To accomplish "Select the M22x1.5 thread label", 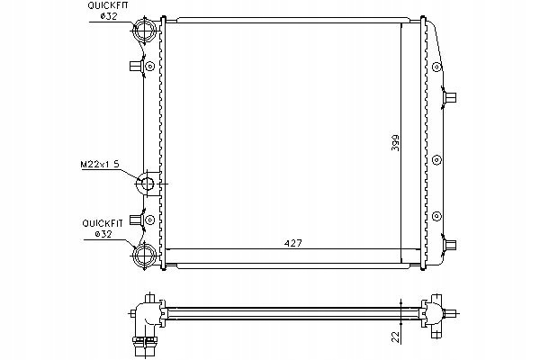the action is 100,165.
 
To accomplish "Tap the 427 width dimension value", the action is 292,243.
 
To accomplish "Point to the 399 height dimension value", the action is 395,142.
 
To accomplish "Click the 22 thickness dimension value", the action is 397,337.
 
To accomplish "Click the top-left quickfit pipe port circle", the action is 144,29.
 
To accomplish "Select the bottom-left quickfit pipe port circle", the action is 144,255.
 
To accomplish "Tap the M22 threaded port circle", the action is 147,184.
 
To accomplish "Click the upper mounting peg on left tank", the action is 137,66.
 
